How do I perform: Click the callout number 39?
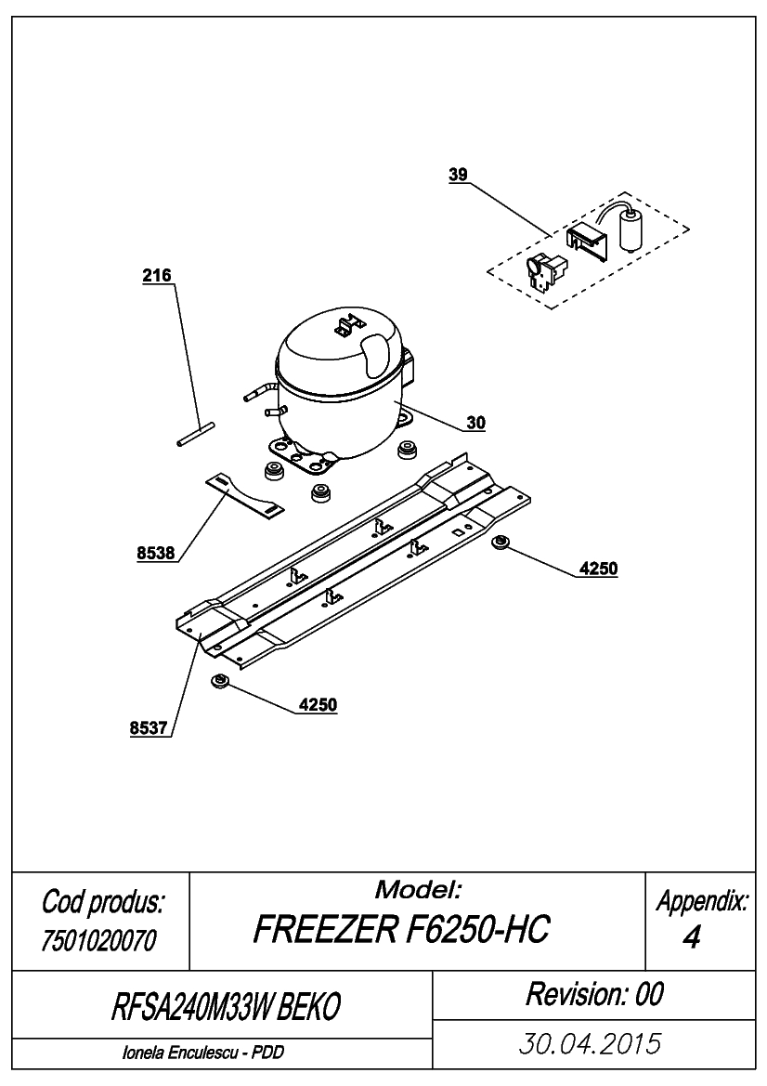[458, 175]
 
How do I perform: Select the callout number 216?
[156, 276]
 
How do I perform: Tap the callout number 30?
[475, 423]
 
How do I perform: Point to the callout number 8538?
[156, 553]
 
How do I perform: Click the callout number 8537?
[149, 728]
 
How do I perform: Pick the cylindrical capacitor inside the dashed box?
[630, 230]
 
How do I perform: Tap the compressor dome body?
[339, 388]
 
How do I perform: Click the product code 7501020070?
[99, 940]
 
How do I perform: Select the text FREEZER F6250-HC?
[401, 929]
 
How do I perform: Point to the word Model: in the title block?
[418, 889]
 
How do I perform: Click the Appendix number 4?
[691, 937]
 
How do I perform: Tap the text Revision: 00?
[594, 994]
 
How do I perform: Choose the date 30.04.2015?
[590, 1043]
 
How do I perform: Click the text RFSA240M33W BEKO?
[226, 1007]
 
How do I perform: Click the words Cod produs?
[103, 902]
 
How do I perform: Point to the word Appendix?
[702, 901]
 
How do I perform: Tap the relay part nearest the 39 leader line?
[547, 271]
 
